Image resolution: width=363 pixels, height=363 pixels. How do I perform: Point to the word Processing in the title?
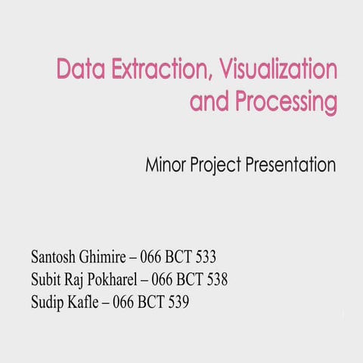click(284, 102)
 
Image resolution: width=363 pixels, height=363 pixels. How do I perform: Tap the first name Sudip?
click(50, 304)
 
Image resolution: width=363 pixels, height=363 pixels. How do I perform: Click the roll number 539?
click(177, 303)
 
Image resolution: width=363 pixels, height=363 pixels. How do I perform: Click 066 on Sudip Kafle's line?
click(124, 303)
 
